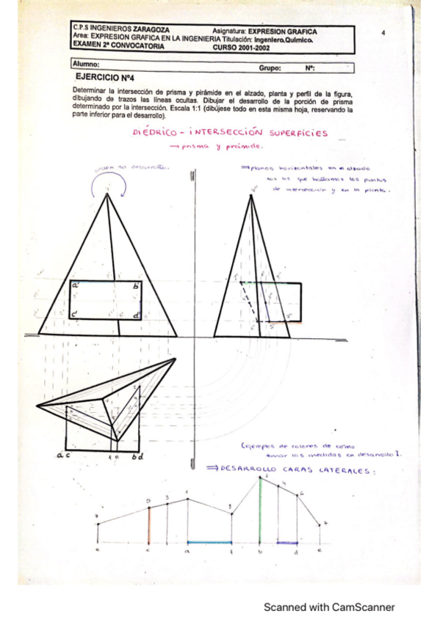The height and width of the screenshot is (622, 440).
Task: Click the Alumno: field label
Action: (x=86, y=65)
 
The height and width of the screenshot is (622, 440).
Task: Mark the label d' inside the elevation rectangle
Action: (x=137, y=315)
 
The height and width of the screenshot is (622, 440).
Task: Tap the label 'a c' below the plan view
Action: (x=62, y=455)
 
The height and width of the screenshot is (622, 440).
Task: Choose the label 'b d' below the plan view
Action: (x=137, y=455)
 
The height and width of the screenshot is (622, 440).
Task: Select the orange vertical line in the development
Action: (x=148, y=525)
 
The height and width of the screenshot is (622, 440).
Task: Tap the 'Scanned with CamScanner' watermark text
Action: (x=329, y=607)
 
